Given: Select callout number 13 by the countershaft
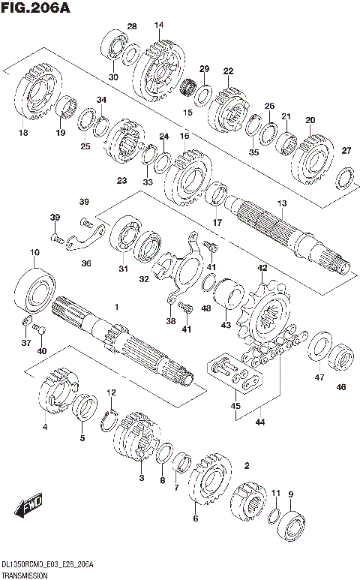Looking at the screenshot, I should pyautogui.click(x=282, y=203).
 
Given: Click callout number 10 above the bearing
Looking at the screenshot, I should pyautogui.click(x=34, y=252).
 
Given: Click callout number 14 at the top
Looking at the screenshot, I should pyautogui.click(x=158, y=26).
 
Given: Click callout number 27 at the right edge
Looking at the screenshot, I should pyautogui.click(x=346, y=151).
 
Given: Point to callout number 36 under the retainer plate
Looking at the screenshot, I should pyautogui.click(x=86, y=263).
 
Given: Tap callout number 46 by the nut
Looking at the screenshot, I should pyautogui.click(x=341, y=387).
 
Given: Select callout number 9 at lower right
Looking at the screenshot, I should pyautogui.click(x=291, y=494).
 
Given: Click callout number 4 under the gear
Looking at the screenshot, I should pyautogui.click(x=45, y=428).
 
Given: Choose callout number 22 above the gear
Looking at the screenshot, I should pyautogui.click(x=228, y=71).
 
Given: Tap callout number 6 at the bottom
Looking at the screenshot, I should pyautogui.click(x=196, y=518).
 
